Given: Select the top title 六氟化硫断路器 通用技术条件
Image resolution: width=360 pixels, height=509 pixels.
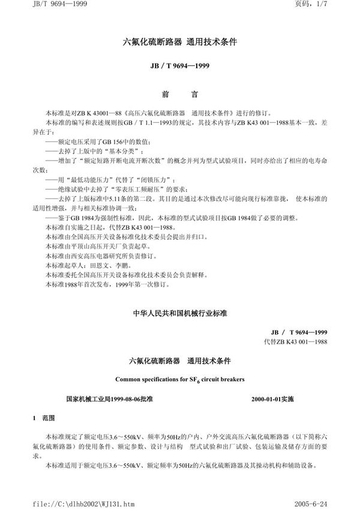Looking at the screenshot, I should click(x=180, y=43).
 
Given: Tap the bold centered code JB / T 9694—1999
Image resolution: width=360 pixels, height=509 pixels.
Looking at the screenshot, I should click(x=180, y=67).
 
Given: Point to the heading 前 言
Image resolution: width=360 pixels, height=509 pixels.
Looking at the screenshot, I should click(x=180, y=95).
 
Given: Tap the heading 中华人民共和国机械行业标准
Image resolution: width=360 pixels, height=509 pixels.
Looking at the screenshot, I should click(x=180, y=314).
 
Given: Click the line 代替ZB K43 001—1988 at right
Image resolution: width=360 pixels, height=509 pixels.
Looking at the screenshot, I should click(x=297, y=341).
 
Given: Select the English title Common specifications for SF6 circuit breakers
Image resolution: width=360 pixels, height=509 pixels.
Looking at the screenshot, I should click(x=180, y=379).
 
